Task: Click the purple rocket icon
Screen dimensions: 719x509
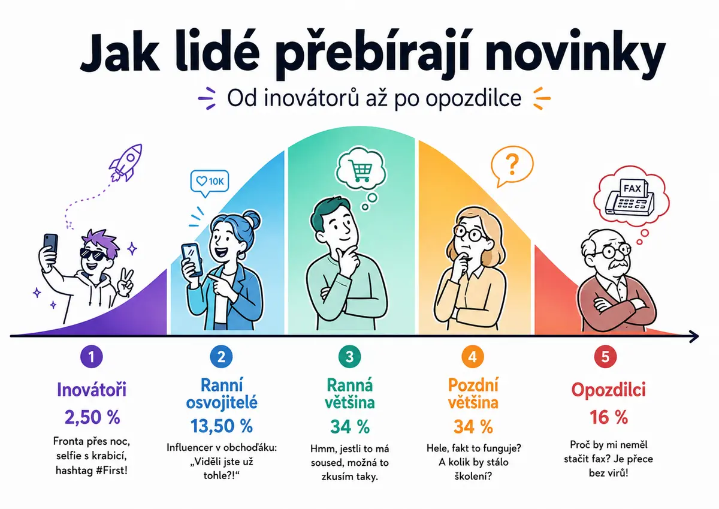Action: coord(125,163)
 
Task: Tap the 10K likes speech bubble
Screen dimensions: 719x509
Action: coord(210,183)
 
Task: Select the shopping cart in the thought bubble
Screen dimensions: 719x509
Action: coord(361,171)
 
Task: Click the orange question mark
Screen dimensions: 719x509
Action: coord(512,164)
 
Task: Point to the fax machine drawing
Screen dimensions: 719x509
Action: coord(630,199)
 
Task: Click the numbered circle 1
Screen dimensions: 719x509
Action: coord(92,357)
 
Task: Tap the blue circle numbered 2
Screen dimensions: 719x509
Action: coord(221,357)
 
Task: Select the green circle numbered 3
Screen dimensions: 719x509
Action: coord(349,357)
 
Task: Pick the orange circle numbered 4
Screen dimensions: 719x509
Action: coord(473,357)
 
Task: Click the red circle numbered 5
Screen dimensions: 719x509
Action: coord(605,357)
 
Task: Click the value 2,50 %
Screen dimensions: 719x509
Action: coord(92,417)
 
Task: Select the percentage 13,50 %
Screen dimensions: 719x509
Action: coord(222,426)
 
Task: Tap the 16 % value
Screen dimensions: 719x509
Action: coord(608,417)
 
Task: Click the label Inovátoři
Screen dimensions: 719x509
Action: coord(92,390)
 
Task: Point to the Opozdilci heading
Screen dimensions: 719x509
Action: coord(608,390)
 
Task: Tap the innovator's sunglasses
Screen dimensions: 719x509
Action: coord(93,254)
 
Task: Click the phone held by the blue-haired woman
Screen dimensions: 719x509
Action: coord(192,260)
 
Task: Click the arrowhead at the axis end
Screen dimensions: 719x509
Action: coord(694,336)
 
